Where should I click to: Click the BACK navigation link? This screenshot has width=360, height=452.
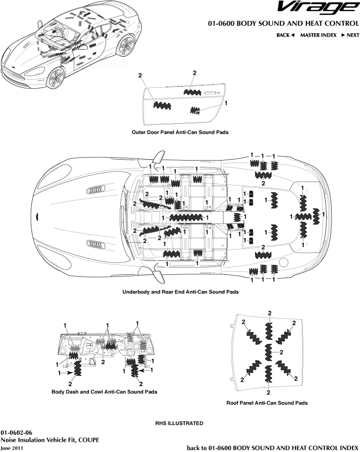[285, 35]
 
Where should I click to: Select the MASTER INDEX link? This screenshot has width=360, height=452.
[318, 35]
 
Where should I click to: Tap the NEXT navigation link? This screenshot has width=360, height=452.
[350, 35]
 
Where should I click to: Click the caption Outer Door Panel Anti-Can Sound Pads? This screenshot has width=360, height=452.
[180, 132]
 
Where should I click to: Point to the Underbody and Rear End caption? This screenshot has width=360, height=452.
[180, 292]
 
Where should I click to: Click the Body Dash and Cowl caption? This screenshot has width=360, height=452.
[105, 391]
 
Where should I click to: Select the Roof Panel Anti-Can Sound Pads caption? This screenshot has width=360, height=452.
[267, 403]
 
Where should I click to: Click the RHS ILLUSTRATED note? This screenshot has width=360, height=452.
[179, 423]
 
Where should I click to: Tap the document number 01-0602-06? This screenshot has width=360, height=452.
[17, 432]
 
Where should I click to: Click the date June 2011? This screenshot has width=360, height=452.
[12, 447]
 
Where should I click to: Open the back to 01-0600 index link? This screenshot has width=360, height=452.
[273, 447]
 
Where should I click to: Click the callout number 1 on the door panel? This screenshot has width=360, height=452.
[226, 103]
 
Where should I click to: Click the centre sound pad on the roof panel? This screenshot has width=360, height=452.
[268, 351]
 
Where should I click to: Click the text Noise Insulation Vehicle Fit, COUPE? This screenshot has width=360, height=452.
[50, 440]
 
